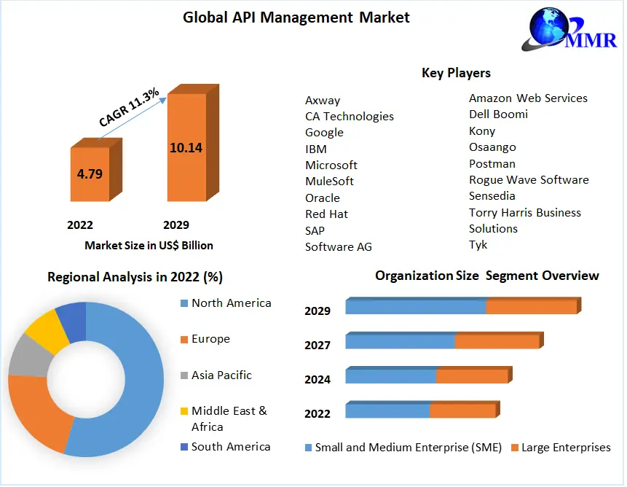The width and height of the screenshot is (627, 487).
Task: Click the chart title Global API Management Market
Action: (x=296, y=17)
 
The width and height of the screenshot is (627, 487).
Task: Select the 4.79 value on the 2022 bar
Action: (x=90, y=174)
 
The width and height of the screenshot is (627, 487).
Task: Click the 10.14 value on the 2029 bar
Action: (x=186, y=147)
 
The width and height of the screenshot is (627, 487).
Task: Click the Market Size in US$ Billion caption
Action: (x=149, y=245)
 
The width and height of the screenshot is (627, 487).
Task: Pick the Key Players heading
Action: (x=456, y=73)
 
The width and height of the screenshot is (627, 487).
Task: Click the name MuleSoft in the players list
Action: (x=329, y=181)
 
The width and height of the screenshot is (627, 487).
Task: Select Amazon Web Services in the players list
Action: (x=528, y=98)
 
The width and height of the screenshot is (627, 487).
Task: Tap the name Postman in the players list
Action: (x=492, y=163)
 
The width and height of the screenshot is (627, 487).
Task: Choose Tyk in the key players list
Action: (x=478, y=245)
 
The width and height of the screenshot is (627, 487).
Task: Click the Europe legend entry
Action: (x=210, y=339)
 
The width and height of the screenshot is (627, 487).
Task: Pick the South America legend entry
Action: (x=230, y=447)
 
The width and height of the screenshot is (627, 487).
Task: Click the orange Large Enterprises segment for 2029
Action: (x=531, y=307)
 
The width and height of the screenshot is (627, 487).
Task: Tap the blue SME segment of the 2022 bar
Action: (x=387, y=411)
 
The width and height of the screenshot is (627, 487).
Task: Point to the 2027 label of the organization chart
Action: (x=318, y=345)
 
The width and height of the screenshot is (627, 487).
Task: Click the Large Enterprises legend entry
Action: (x=566, y=448)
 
